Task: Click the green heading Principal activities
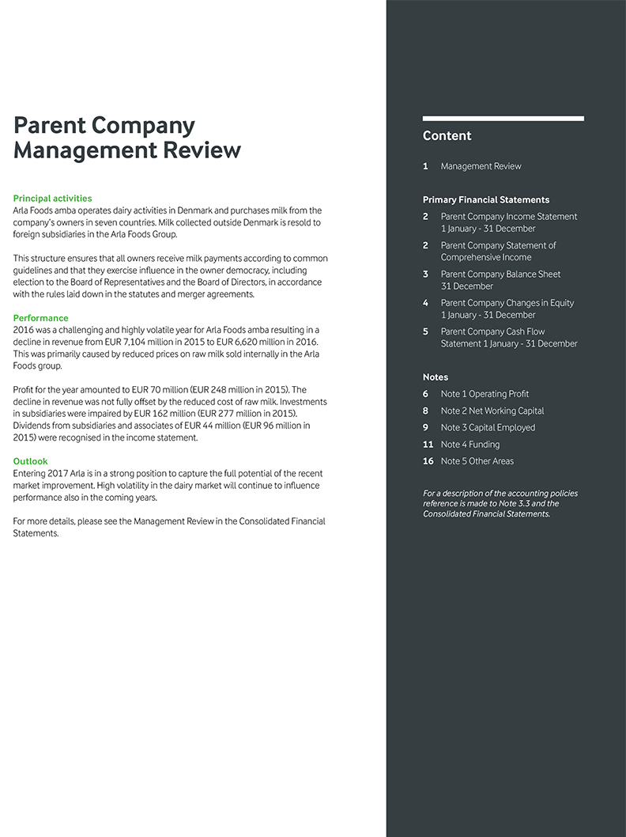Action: tap(52, 199)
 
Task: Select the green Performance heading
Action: tap(40, 318)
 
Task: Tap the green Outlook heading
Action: tap(30, 461)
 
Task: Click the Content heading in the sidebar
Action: tap(447, 136)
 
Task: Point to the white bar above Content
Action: tap(503, 119)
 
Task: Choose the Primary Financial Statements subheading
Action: tap(485, 200)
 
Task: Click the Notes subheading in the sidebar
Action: tap(435, 377)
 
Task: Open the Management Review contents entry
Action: tap(481, 166)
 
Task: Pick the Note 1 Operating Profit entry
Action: tap(485, 394)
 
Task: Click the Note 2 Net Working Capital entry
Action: tap(492, 411)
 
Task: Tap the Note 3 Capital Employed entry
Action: tap(488, 427)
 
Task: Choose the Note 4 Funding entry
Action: tap(469, 445)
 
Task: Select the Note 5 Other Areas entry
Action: tap(477, 461)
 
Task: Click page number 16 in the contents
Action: tap(428, 461)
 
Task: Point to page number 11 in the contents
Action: tap(428, 445)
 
